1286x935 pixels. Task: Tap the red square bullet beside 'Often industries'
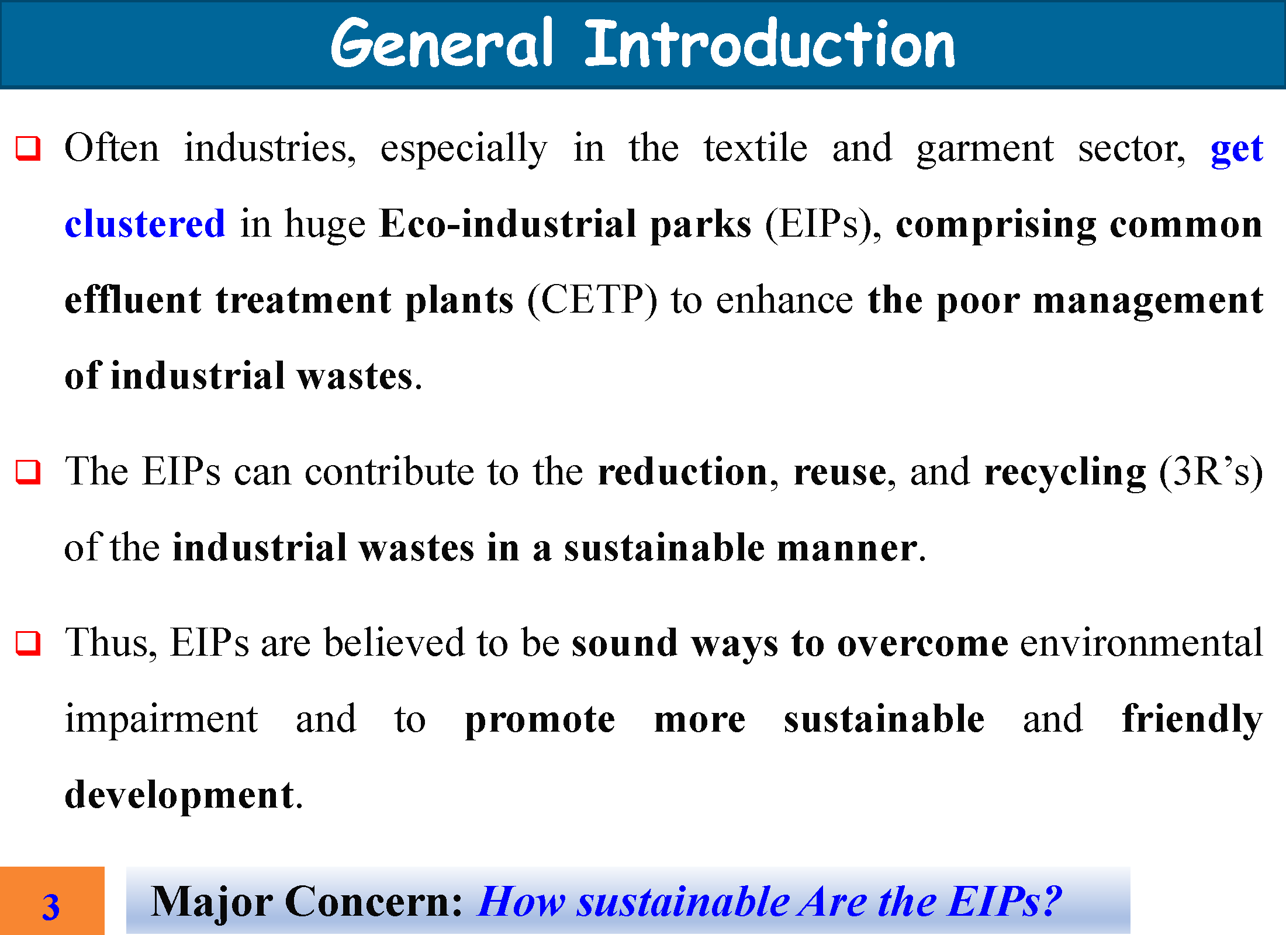click(28, 148)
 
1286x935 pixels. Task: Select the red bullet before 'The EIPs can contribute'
click(28, 472)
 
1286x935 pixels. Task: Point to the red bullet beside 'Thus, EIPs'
click(28, 643)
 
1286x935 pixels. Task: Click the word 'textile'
click(755, 147)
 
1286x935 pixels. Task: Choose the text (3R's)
click(1211, 472)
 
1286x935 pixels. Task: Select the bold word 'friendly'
click(1192, 719)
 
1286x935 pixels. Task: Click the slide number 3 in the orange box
click(51, 907)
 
